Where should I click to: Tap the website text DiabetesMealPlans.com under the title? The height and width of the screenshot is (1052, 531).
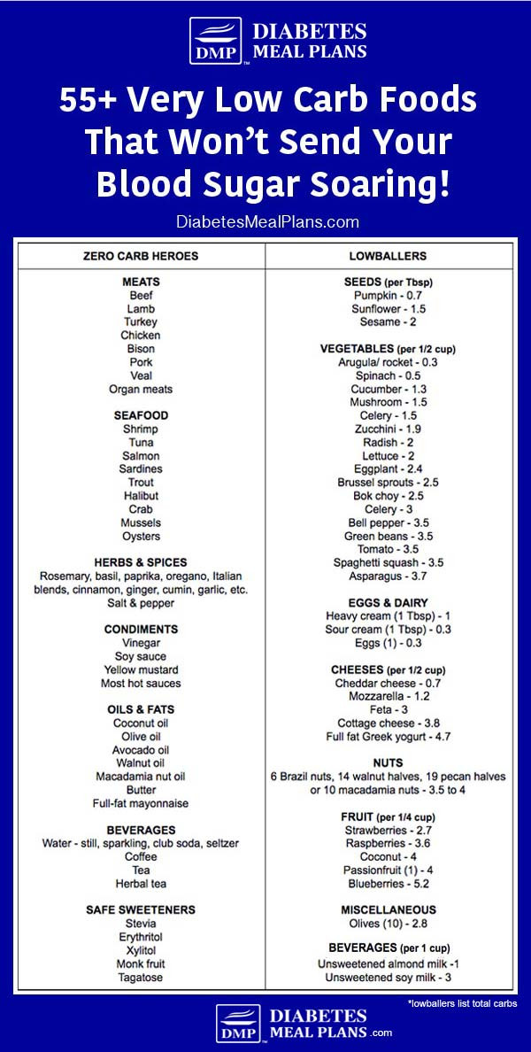[x=265, y=222]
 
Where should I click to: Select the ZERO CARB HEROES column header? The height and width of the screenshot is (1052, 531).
[x=142, y=256]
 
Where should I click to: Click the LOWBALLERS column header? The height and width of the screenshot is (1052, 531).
[x=388, y=256]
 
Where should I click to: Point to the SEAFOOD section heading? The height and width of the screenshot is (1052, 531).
[x=141, y=415]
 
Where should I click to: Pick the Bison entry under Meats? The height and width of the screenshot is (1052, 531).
[x=141, y=349]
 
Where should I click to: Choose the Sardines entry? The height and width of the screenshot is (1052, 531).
[x=141, y=468]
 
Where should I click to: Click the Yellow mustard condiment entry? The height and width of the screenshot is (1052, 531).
[x=141, y=669]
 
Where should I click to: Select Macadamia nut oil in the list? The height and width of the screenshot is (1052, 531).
[x=141, y=777]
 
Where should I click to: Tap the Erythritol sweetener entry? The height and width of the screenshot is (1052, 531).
[x=141, y=937]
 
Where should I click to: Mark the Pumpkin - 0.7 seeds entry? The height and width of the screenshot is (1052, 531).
[x=388, y=295]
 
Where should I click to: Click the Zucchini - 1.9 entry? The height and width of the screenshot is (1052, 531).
[x=388, y=429]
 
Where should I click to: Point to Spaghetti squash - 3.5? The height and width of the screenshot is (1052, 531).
[x=388, y=562]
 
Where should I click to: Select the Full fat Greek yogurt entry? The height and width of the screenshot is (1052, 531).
[x=388, y=737]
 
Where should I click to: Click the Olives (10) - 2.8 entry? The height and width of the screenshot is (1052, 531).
[x=388, y=924]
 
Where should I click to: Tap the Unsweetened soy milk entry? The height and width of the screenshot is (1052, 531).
[x=388, y=977]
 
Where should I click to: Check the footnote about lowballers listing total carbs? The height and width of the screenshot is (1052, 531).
[x=462, y=1003]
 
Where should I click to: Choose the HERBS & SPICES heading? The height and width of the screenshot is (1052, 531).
[x=141, y=562]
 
